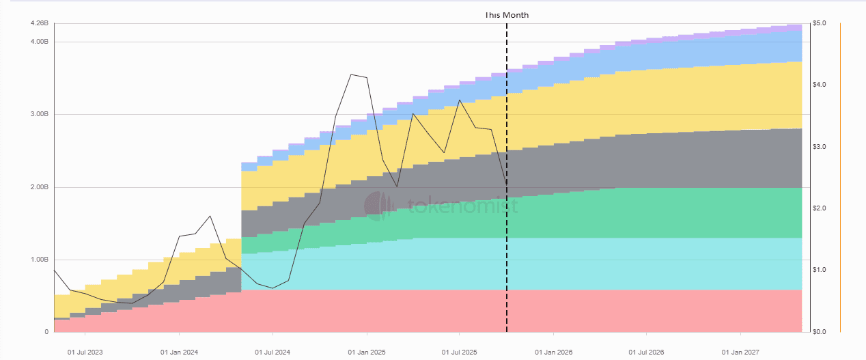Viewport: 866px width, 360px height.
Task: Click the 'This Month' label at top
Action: tap(507, 14)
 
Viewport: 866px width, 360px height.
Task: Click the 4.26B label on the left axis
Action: tap(40, 23)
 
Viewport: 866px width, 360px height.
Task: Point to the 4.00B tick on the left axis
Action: tap(40, 42)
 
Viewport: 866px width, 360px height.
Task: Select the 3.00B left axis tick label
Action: tap(40, 114)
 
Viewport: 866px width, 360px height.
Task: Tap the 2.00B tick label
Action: tap(40, 187)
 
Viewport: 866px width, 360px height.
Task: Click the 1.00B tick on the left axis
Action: tap(40, 260)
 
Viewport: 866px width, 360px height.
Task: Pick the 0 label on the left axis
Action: tap(46, 332)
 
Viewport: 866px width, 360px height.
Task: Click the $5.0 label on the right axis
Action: tap(820, 23)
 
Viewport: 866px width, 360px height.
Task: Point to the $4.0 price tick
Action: tap(820, 85)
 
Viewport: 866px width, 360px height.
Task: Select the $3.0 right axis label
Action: tap(820, 147)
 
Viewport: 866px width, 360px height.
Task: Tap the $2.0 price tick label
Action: tap(820, 208)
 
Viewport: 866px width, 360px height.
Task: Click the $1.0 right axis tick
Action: tap(820, 270)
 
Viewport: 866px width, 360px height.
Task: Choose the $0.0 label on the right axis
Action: tap(820, 332)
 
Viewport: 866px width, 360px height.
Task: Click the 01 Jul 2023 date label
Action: tap(85, 352)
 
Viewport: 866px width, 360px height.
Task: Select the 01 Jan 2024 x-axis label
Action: tap(179, 352)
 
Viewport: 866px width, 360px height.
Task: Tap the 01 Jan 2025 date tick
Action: tap(367, 352)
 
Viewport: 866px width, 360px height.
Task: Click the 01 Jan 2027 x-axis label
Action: tap(740, 352)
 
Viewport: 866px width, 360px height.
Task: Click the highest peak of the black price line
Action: tap(351, 74)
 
